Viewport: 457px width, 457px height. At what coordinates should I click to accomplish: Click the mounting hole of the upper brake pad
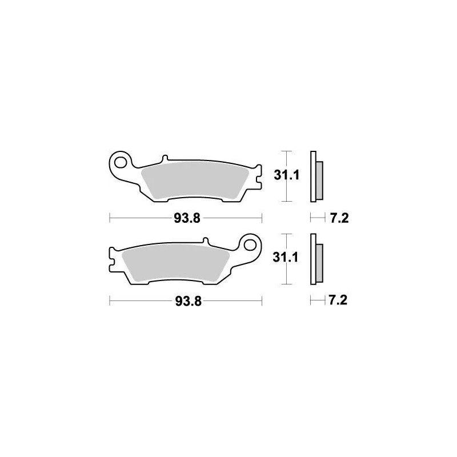(x=121, y=163)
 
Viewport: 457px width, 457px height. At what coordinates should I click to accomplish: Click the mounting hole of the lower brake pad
(x=250, y=244)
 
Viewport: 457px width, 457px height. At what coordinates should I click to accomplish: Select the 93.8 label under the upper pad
(x=185, y=218)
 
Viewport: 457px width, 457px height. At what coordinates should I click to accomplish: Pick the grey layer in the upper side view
(x=319, y=178)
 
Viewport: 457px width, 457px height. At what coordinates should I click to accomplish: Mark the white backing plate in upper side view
(x=312, y=177)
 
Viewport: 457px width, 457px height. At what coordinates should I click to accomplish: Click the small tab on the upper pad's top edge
(x=165, y=158)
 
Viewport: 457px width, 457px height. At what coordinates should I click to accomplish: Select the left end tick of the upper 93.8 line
(x=110, y=218)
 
